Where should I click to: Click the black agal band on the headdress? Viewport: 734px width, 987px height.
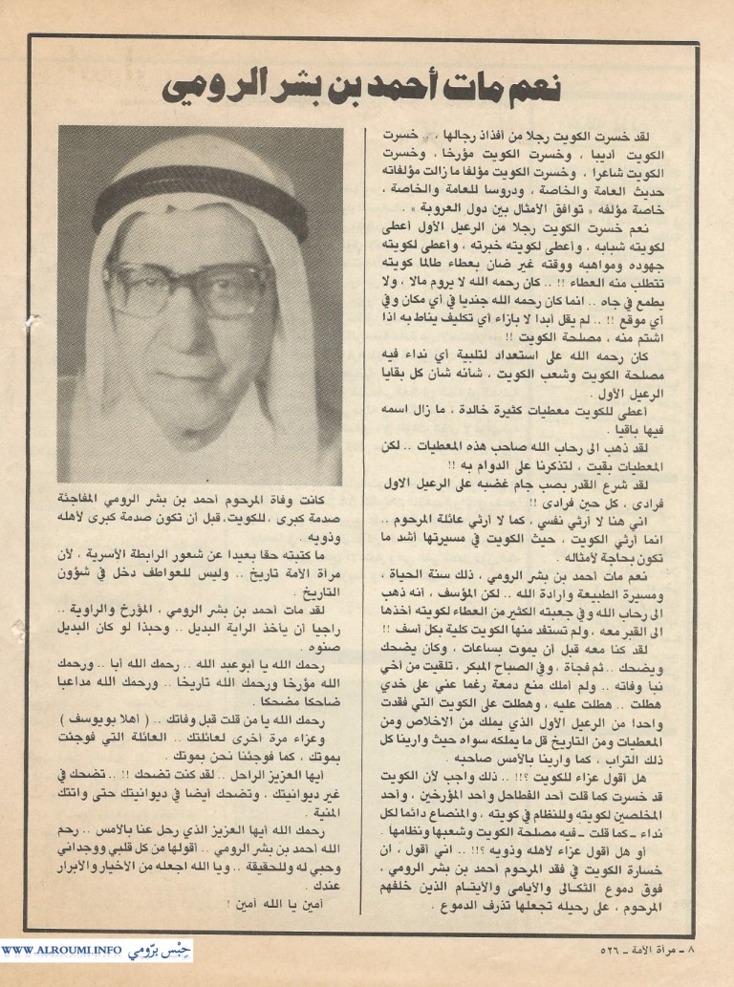(201, 190)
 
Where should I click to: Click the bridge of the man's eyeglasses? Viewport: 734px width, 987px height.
(200, 284)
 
